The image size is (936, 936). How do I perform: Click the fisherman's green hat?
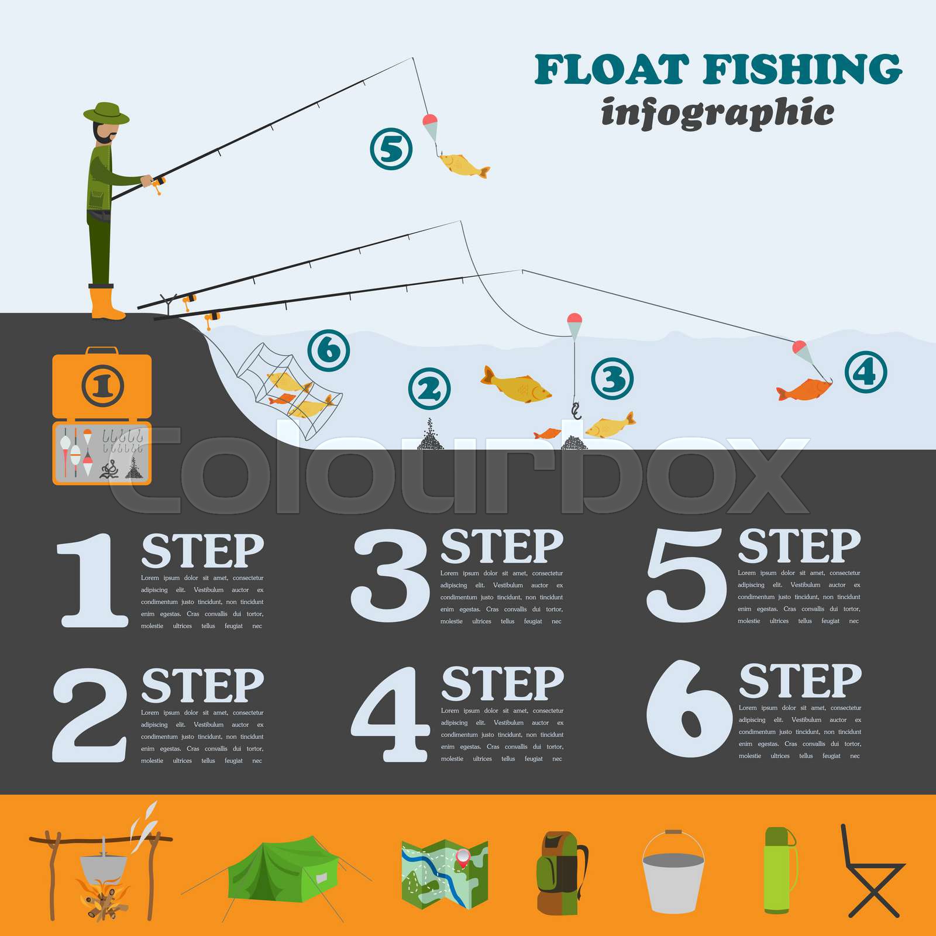click(106, 112)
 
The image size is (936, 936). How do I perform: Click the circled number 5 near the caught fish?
click(391, 149)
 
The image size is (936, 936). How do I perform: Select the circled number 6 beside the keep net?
click(329, 350)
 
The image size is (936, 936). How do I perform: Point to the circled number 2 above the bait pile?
click(429, 389)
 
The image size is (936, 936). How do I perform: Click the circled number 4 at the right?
click(866, 372)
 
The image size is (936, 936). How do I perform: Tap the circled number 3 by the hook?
click(612, 379)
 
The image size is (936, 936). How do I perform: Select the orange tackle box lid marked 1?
click(102, 385)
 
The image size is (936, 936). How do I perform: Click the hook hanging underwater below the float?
click(576, 411)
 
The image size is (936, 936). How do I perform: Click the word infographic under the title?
click(717, 112)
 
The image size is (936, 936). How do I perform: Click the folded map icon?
click(445, 874)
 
